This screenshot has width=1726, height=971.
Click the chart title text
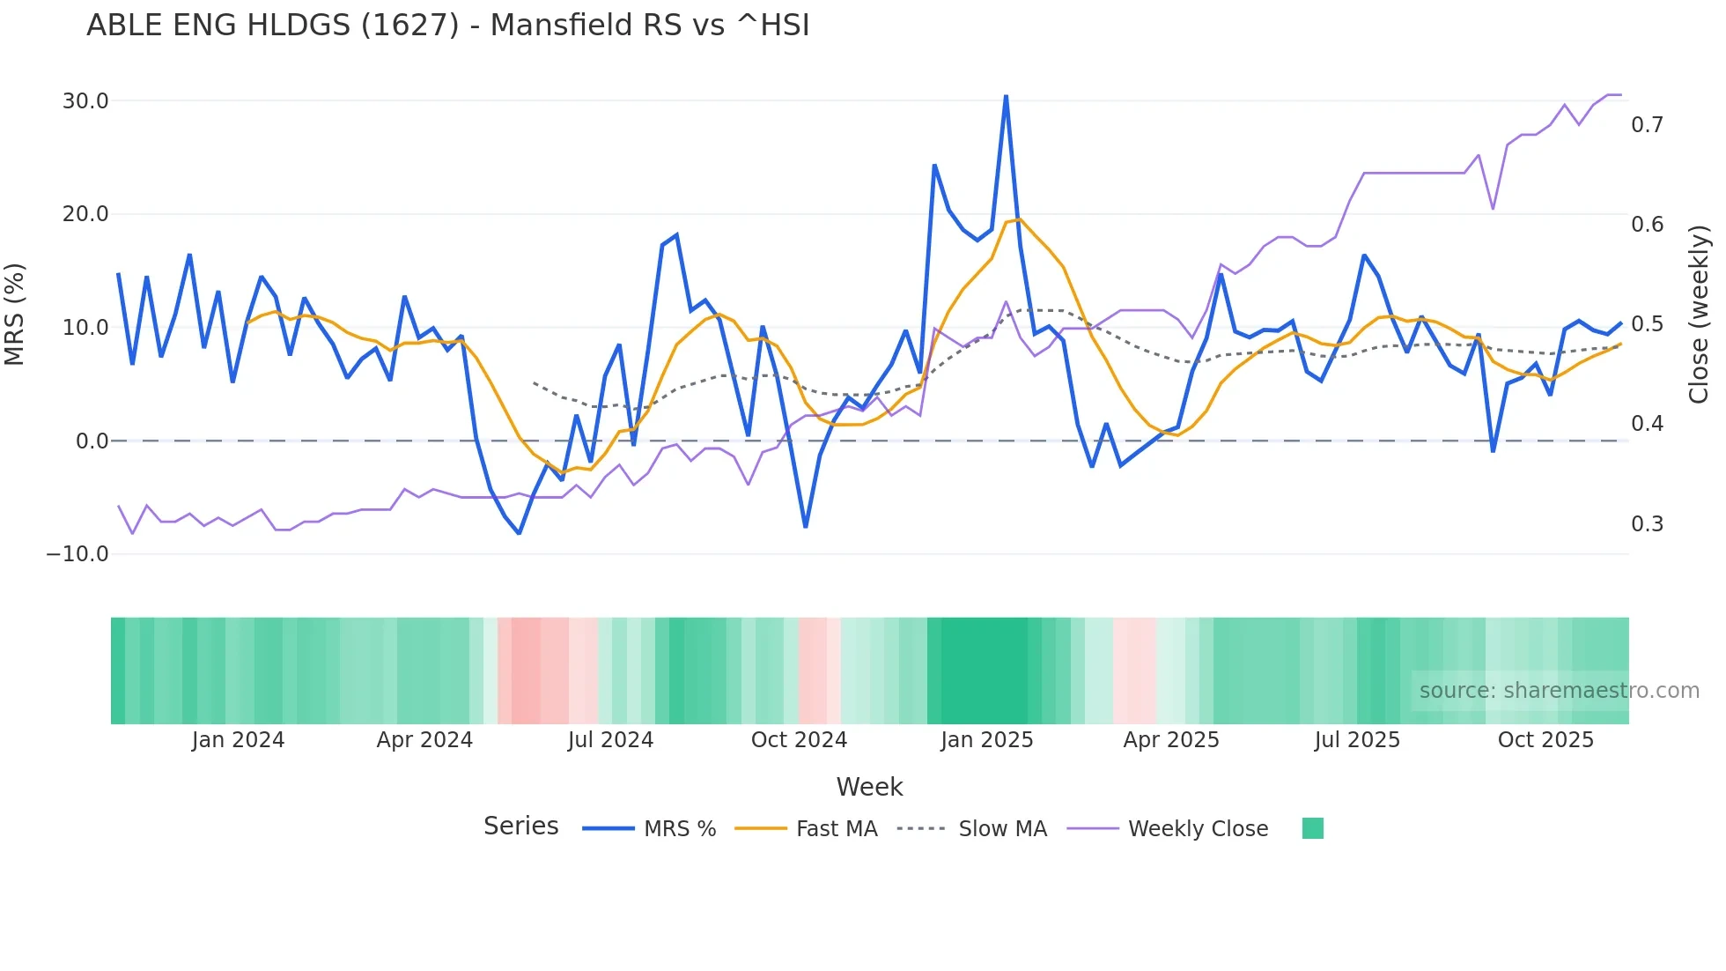click(x=447, y=26)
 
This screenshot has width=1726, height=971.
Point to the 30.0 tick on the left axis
click(x=85, y=101)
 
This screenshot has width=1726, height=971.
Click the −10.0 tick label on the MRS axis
click(x=77, y=554)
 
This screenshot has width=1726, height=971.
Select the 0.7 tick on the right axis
click(x=1647, y=125)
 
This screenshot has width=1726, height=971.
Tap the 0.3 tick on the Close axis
click(x=1647, y=524)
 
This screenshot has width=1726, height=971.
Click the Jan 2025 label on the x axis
click(x=986, y=740)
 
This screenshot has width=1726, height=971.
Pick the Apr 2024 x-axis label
click(x=424, y=740)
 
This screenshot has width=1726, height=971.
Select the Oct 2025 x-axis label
click(x=1545, y=740)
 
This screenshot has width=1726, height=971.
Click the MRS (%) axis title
click(x=15, y=314)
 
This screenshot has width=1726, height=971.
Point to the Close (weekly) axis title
click(x=1699, y=314)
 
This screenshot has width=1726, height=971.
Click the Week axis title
click(x=869, y=787)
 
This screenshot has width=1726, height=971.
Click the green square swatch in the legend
click(x=1312, y=828)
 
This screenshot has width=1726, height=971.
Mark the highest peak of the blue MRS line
click(x=1006, y=96)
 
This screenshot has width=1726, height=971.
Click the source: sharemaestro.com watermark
click(x=1559, y=691)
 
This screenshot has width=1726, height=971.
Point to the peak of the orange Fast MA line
click(x=1019, y=219)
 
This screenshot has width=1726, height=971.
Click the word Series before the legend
click(x=520, y=826)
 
